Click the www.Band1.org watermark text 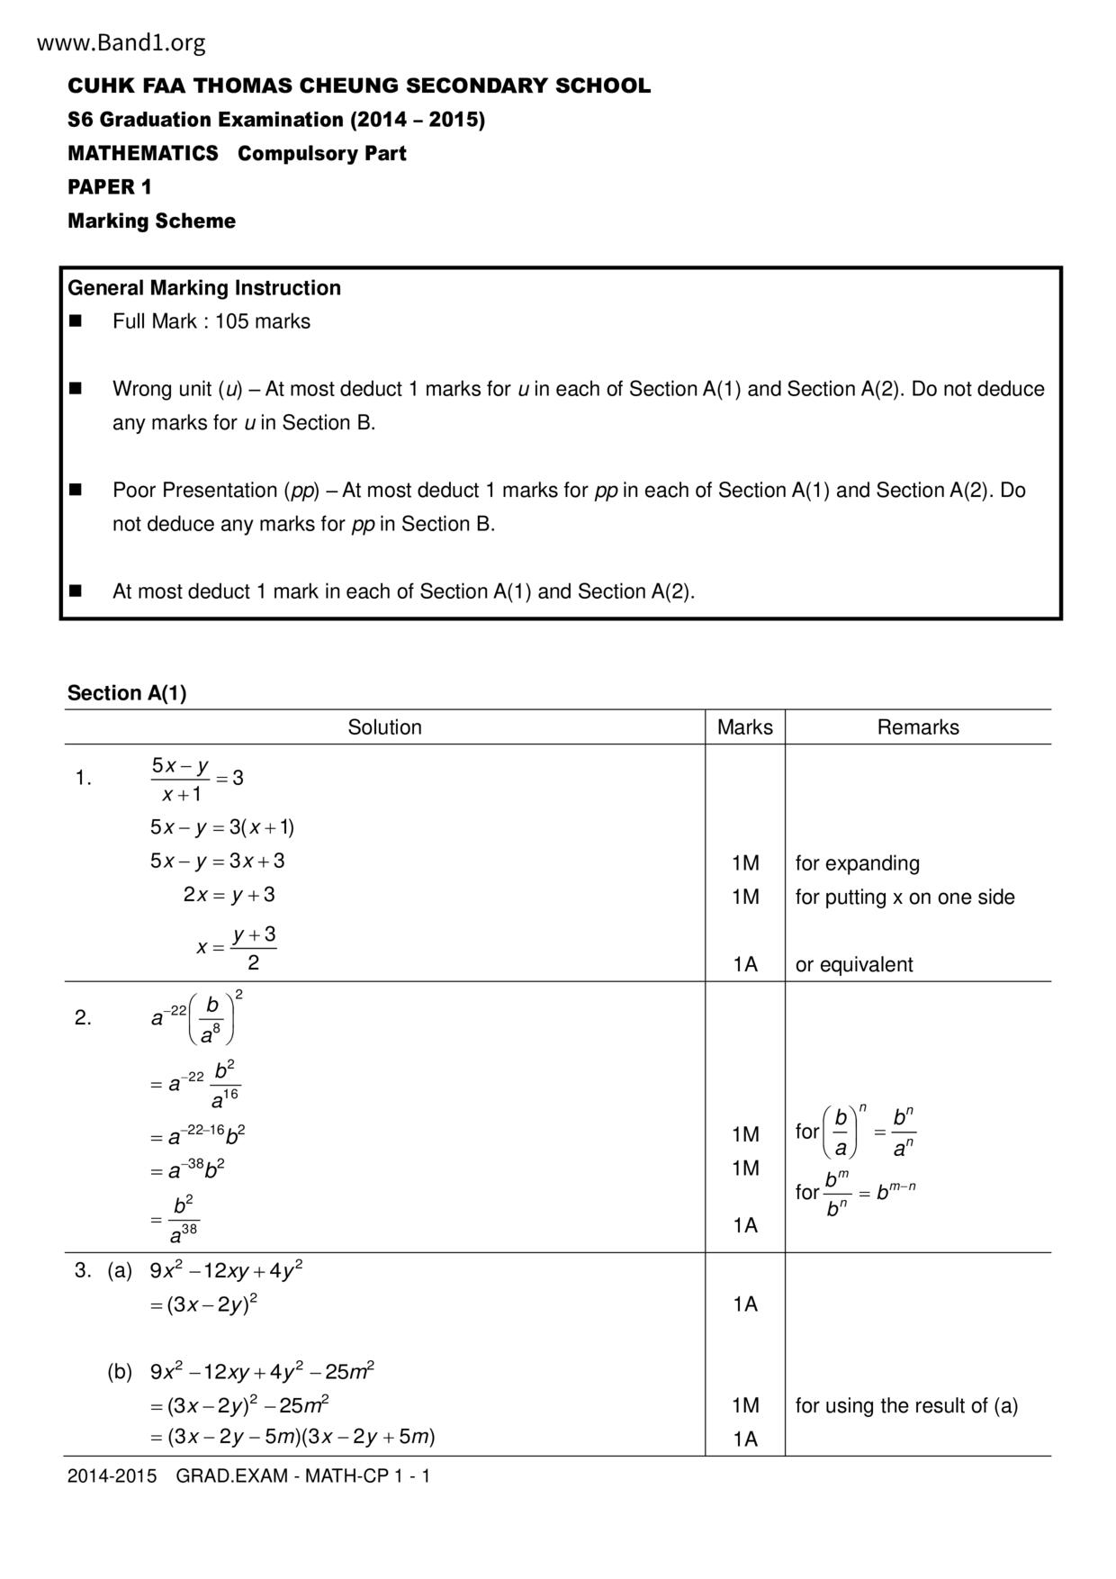(x=121, y=42)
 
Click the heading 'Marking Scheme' (x=151, y=221)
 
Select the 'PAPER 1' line (x=110, y=187)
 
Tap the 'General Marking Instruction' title (x=204, y=288)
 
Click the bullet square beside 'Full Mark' (x=76, y=321)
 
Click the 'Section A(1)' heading (x=127, y=693)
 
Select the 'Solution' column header (x=384, y=727)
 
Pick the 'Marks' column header (x=744, y=727)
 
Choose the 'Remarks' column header (x=918, y=727)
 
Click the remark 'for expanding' (x=857, y=863)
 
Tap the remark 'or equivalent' (x=853, y=964)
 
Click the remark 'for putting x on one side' (x=904, y=898)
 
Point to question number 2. (x=83, y=1018)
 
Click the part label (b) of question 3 (x=120, y=1372)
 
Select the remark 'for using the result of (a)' (x=906, y=1406)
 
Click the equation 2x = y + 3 (x=229, y=895)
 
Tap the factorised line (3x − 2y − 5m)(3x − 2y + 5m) (x=292, y=1437)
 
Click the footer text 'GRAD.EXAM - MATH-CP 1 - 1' (x=303, y=1476)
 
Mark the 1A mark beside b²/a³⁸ (x=745, y=1225)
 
